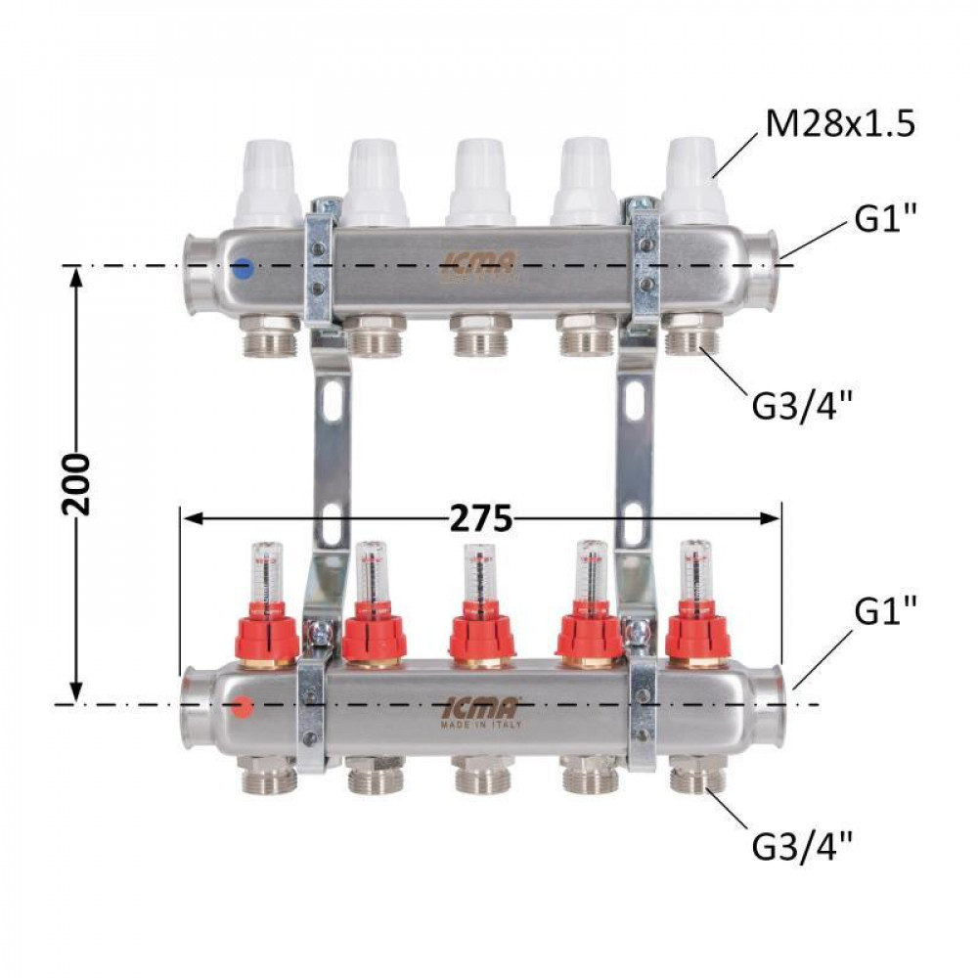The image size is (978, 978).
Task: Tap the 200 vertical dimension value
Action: point(75,484)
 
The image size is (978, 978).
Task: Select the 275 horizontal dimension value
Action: point(480,519)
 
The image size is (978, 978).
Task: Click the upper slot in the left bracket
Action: point(333,396)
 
